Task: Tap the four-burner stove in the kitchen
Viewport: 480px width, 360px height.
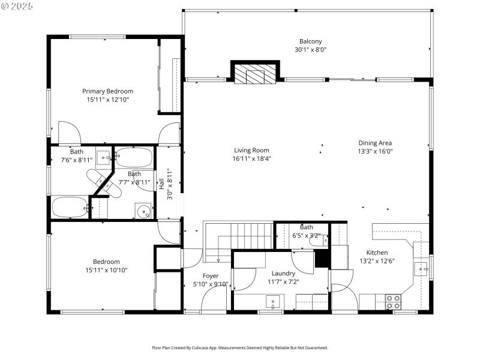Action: pyautogui.click(x=393, y=302)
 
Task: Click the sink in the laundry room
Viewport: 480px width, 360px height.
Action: pyautogui.click(x=274, y=302)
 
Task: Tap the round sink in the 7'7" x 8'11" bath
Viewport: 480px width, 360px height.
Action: pyautogui.click(x=143, y=211)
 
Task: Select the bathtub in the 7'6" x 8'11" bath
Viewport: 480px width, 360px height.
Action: pyautogui.click(x=70, y=208)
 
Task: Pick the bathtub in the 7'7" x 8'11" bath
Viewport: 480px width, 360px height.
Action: pyautogui.click(x=134, y=158)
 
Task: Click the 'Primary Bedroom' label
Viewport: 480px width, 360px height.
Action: pyautogui.click(x=107, y=91)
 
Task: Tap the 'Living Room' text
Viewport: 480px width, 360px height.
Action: pyautogui.click(x=251, y=151)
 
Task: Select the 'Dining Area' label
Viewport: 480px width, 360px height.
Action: pyautogui.click(x=375, y=143)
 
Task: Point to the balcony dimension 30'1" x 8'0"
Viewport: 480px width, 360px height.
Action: pyautogui.click(x=310, y=50)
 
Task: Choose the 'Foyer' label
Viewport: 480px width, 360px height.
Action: pyautogui.click(x=211, y=276)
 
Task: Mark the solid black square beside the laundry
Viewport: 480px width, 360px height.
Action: pyautogui.click(x=322, y=258)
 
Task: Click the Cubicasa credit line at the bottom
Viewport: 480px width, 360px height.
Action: pyautogui.click(x=240, y=348)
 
